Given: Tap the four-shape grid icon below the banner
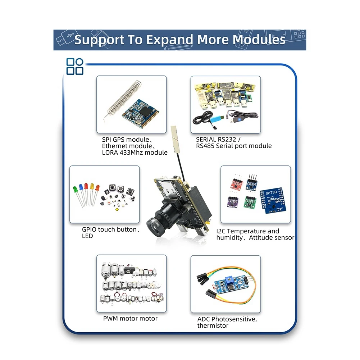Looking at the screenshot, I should (75, 67).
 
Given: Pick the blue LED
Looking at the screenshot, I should (81, 187).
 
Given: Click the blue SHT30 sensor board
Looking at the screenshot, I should (272, 200).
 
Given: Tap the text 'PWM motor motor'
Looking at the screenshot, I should (130, 318).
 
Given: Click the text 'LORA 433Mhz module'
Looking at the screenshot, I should (135, 152).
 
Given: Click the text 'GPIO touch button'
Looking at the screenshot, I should (109, 229).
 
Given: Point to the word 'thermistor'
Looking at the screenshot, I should (213, 325).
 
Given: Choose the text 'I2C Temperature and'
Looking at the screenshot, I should (247, 231).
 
